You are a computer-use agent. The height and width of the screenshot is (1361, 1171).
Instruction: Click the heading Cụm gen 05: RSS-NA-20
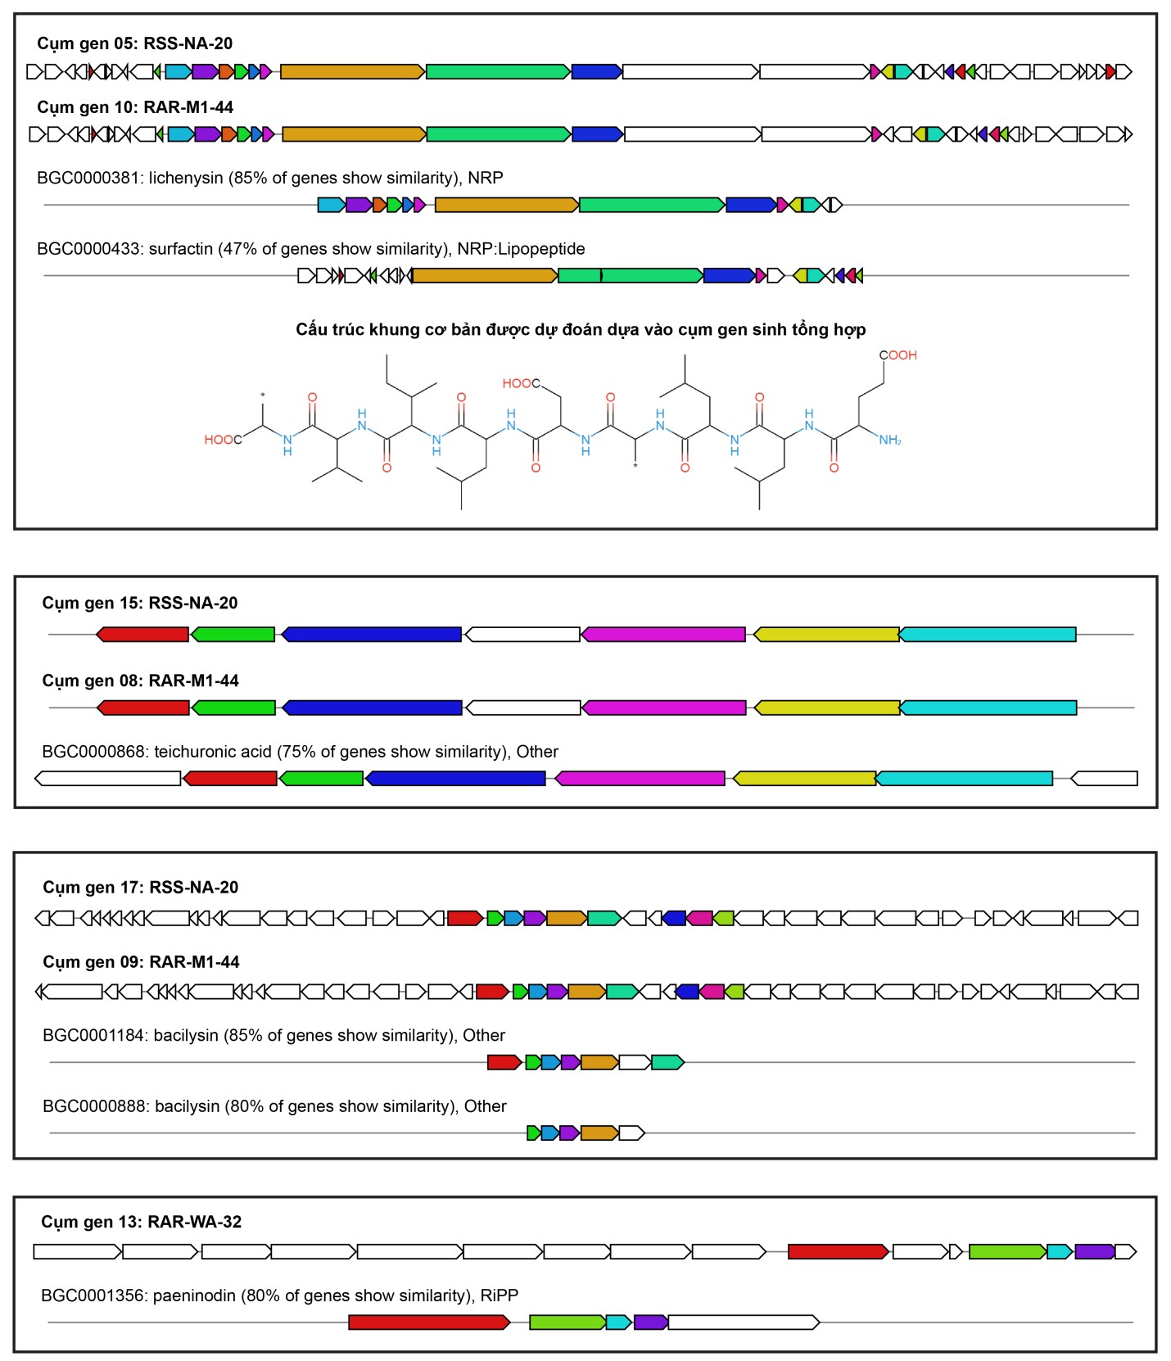coord(135,43)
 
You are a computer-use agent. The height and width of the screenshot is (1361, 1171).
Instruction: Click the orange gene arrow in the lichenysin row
coord(507,205)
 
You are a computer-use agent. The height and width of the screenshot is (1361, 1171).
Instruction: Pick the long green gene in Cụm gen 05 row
coord(498,72)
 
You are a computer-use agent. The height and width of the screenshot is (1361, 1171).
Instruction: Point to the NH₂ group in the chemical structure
coord(890,441)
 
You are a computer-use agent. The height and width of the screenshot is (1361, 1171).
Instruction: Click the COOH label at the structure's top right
coord(898,355)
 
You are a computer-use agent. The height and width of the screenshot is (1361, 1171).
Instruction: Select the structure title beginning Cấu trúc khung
coord(581,329)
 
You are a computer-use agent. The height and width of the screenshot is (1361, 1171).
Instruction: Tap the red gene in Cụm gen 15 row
coord(142,634)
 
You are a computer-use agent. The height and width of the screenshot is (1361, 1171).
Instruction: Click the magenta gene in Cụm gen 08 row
coord(663,708)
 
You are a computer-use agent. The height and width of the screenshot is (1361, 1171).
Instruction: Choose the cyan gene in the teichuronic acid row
coord(964,778)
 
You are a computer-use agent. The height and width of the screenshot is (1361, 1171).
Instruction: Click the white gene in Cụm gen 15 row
coord(522,634)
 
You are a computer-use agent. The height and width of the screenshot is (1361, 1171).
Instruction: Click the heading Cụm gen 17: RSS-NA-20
coord(141,888)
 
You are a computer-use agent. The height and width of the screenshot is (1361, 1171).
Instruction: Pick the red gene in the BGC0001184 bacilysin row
coord(504,1062)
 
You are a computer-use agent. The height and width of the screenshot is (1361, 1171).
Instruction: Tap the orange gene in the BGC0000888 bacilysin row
coord(599,1133)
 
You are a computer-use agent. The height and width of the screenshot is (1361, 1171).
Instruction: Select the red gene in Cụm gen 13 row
coord(839,1251)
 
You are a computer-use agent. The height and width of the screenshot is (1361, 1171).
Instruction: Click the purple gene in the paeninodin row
coord(651,1322)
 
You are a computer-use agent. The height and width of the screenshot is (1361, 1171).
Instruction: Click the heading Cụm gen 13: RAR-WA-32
coord(142,1222)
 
